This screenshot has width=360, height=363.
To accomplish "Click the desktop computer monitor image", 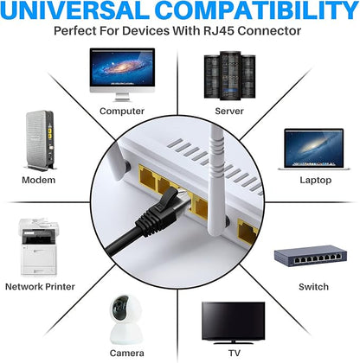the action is [122, 74].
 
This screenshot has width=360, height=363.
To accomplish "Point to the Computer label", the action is [122, 111].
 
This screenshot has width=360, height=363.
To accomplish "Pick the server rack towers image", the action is [229, 75].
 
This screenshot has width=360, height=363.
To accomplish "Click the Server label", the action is [229, 111].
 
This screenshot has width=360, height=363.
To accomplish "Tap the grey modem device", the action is [40, 141].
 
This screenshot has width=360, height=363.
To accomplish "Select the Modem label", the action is [39, 180].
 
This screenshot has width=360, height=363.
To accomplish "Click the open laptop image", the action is [314, 150].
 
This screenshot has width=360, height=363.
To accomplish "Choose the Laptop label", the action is [316, 181].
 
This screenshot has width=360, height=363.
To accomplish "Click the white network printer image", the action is [39, 246].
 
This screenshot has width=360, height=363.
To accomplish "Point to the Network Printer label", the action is [40, 287].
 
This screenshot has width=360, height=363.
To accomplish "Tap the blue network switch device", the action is [311, 256].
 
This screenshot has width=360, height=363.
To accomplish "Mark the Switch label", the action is [313, 287].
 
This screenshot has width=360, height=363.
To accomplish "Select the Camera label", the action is [126, 353].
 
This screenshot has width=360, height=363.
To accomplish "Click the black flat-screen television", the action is [233, 322].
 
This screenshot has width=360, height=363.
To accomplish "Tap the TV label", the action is [235, 353].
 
